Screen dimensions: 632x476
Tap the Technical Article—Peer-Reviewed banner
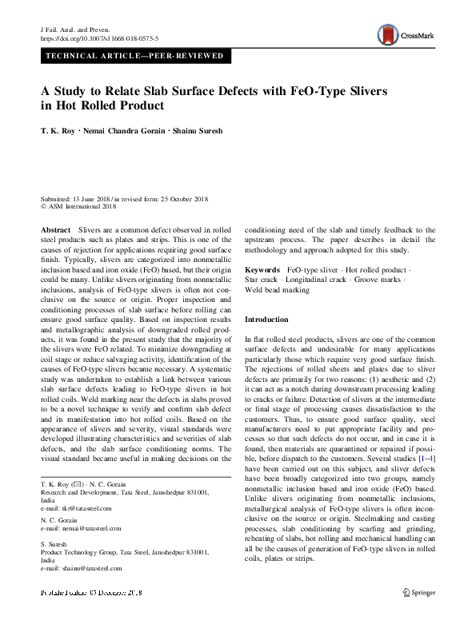[134, 57]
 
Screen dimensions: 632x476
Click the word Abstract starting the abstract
[55, 229]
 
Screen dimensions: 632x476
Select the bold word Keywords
[262, 271]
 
